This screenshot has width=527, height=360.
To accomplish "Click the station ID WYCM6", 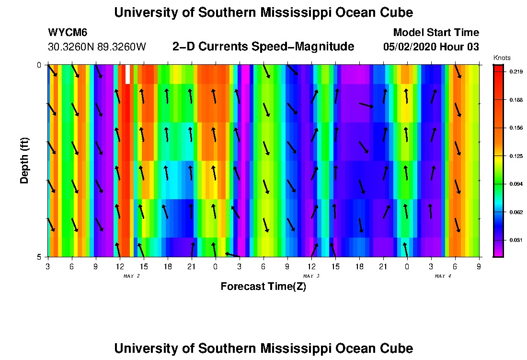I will point(68,33).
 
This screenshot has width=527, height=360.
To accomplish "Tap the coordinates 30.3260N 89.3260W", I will point(97,47).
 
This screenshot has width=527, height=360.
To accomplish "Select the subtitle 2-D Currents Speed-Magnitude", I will point(263,47).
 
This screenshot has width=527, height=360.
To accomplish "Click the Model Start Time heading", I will point(435,33).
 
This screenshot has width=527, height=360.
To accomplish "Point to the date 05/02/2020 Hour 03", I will point(431,47).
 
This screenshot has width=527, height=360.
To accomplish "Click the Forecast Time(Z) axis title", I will point(263,287).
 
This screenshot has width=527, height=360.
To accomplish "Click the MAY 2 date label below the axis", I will point(131,276).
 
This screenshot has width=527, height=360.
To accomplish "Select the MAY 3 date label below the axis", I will point(311,276).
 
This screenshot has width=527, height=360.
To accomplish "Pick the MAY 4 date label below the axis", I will point(443,276).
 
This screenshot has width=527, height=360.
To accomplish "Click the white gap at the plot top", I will point(127,74).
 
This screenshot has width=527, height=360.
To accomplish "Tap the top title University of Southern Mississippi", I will point(263,12).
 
